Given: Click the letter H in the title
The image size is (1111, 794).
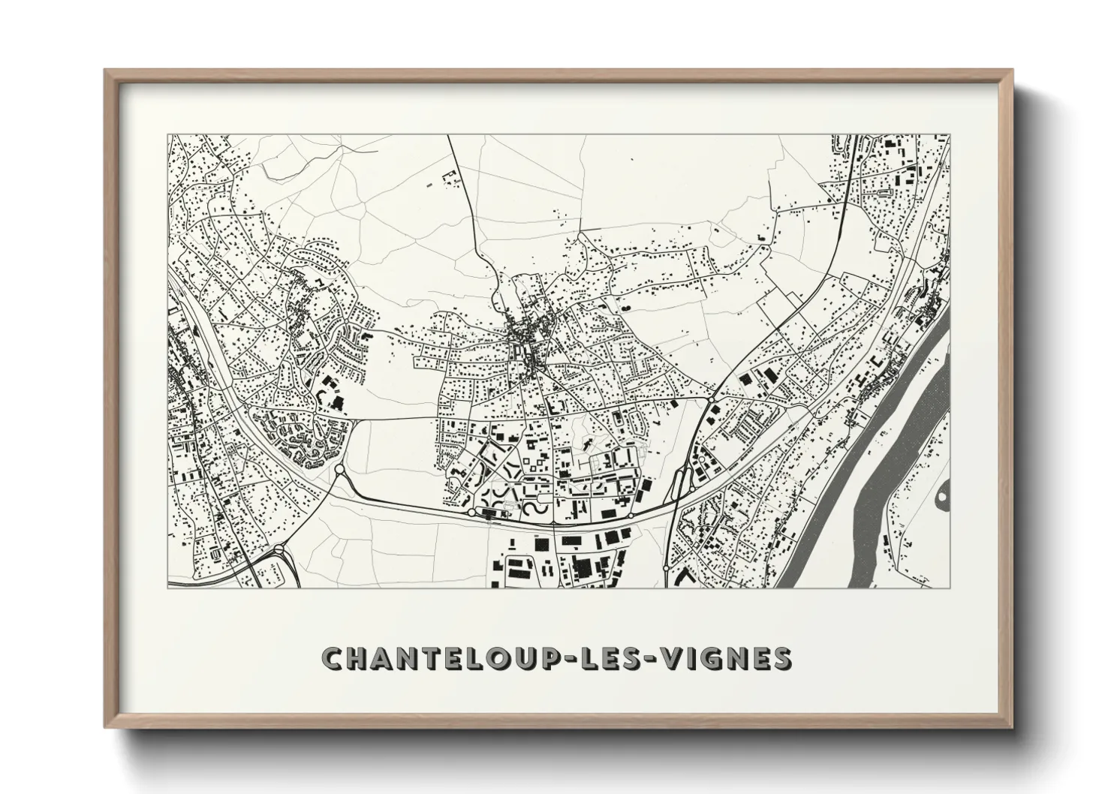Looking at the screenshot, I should coord(357,659).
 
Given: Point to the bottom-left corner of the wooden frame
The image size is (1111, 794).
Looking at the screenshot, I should coord(107,726).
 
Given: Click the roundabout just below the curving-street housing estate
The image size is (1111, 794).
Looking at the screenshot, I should coord(339,471).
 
